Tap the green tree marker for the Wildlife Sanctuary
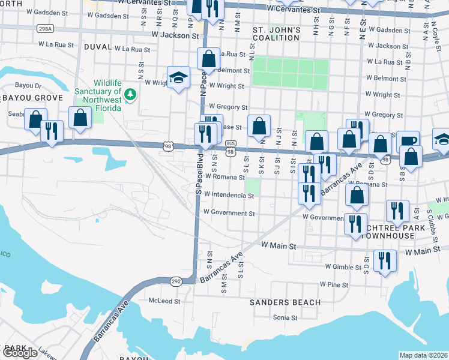coord(131,94)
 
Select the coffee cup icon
coord(408,141)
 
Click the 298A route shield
coord(46,28)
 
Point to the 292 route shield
coord(176,280)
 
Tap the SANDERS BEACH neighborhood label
coord(285,302)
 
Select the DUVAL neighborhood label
coord(98,46)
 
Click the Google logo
coord(20,352)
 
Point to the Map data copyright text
coord(423,355)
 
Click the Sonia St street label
coord(286,317)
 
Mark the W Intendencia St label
coord(229,195)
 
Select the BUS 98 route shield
coord(231,151)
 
